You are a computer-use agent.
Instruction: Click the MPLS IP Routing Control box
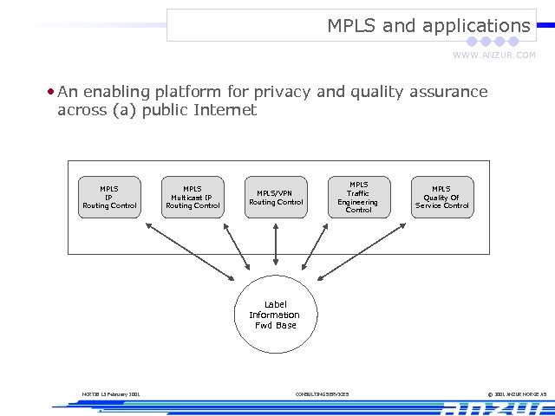(109, 198)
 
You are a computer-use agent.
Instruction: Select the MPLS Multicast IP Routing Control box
(193, 198)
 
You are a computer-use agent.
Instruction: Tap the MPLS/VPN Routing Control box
(276, 198)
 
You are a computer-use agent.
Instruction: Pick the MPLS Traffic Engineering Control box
(358, 198)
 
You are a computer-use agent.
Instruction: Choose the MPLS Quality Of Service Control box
(441, 198)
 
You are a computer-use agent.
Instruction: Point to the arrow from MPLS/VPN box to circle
(276, 244)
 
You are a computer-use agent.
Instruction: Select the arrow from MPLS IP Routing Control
(191, 250)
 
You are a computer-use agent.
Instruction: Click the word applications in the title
(476, 26)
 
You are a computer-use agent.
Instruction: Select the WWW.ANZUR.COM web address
(494, 55)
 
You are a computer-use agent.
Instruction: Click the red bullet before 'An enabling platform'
(52, 91)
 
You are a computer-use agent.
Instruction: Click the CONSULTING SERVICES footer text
(322, 394)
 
